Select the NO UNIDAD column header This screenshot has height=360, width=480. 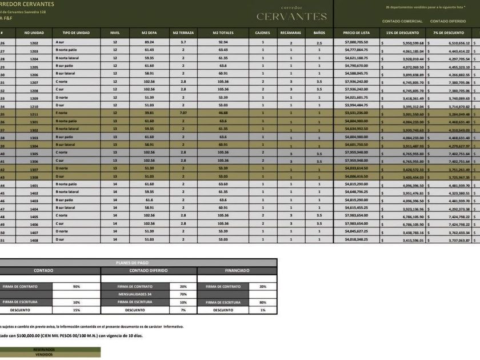[34, 33]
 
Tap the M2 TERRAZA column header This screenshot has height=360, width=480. [183, 33]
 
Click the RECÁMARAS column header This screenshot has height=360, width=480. [290, 33]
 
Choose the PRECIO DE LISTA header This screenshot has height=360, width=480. [356, 33]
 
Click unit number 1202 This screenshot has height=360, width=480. [34, 43]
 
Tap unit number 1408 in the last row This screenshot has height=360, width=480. [34, 240]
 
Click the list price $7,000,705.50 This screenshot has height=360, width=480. [357, 43]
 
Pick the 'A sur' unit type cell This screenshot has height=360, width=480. [60, 43]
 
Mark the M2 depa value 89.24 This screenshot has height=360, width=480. [149, 43]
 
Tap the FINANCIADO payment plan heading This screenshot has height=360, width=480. [237, 270]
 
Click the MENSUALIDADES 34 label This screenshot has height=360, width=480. [135, 294]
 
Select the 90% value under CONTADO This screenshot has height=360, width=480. [77, 286]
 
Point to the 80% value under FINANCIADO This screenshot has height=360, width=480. [263, 302]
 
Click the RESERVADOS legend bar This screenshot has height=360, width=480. [44, 349]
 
